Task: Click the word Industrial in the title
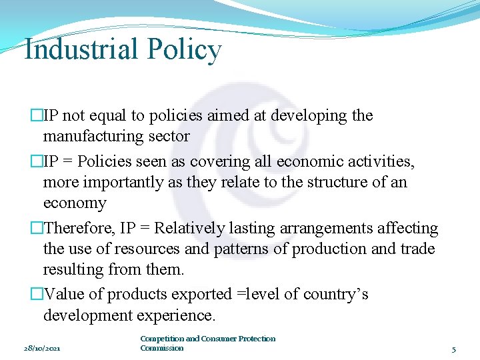tap(81, 50)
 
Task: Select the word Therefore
tap(79, 229)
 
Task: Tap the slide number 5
tap(453, 349)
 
